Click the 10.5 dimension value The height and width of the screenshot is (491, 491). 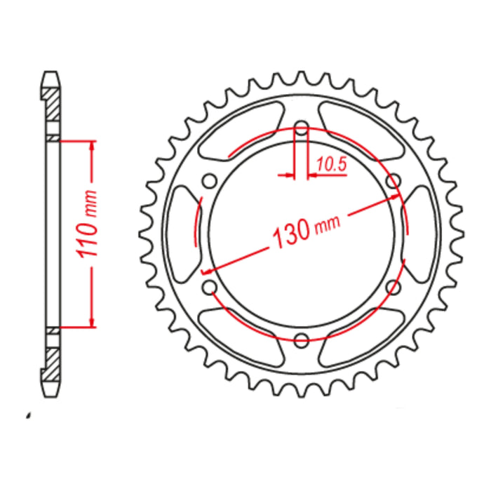pyautogui.click(x=332, y=165)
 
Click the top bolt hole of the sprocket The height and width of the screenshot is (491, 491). pyautogui.click(x=302, y=129)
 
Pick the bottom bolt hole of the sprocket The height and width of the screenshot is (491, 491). pyautogui.click(x=302, y=340)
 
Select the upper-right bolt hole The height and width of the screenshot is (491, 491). pyautogui.click(x=394, y=182)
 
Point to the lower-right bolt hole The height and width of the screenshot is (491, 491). pyautogui.click(x=394, y=288)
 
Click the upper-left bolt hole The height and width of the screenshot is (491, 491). pyautogui.click(x=209, y=182)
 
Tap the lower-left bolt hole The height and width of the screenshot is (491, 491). pyautogui.click(x=209, y=288)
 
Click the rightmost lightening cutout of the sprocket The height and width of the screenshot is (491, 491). pyautogui.click(x=422, y=234)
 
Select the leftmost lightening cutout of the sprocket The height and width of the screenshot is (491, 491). pyautogui.click(x=182, y=234)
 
